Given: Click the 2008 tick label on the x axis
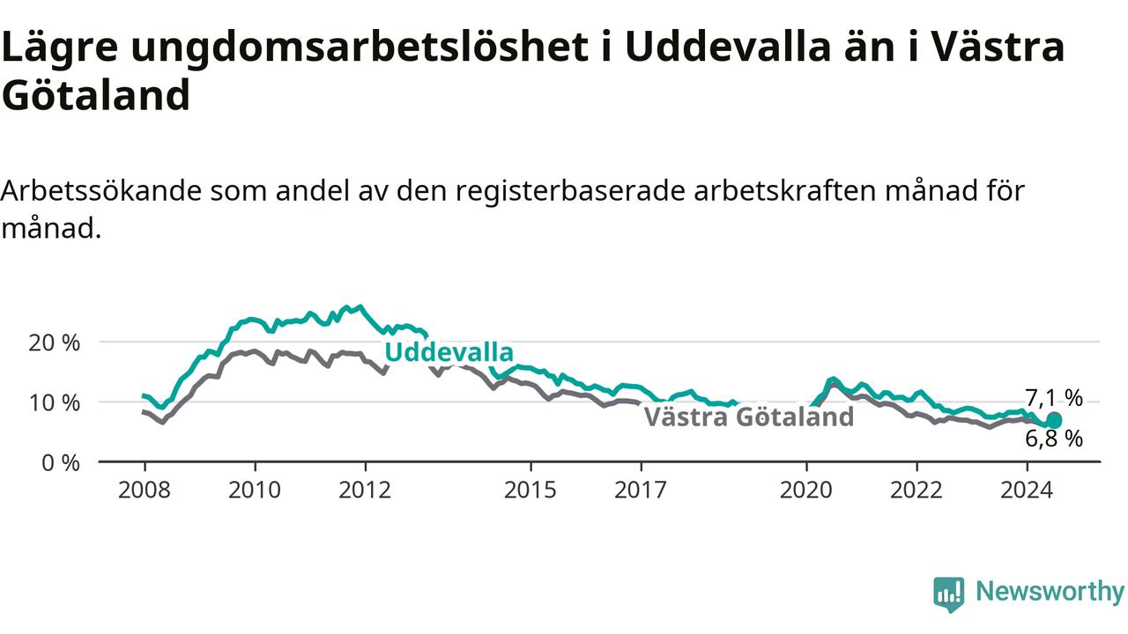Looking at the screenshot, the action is pos(144,490).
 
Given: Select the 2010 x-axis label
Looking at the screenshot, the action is pos(255,490).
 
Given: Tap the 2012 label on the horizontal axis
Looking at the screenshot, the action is pos(365,490).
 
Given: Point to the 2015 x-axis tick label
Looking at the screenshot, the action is pos(531,490).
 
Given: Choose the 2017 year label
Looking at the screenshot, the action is pos(641,490).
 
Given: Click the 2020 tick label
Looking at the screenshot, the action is pos(806,490).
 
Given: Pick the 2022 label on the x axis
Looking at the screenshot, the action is pos(916,490).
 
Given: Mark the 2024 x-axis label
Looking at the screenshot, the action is pos(1027,490).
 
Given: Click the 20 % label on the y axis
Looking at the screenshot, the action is pos(55,343).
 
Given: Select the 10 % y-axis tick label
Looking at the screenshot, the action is pos(55,403).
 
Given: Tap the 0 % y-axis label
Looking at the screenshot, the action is pos(61,463).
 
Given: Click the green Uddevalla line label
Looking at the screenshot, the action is pos(449,352).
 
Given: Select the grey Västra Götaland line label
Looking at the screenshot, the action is pos(749,417).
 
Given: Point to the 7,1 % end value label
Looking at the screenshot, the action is pos(1054,398).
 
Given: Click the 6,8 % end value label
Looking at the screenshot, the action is pos(1054,439).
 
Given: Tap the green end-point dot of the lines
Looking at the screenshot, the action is pos(1054,420).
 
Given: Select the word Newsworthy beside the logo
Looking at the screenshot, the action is pos(1050,592).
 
